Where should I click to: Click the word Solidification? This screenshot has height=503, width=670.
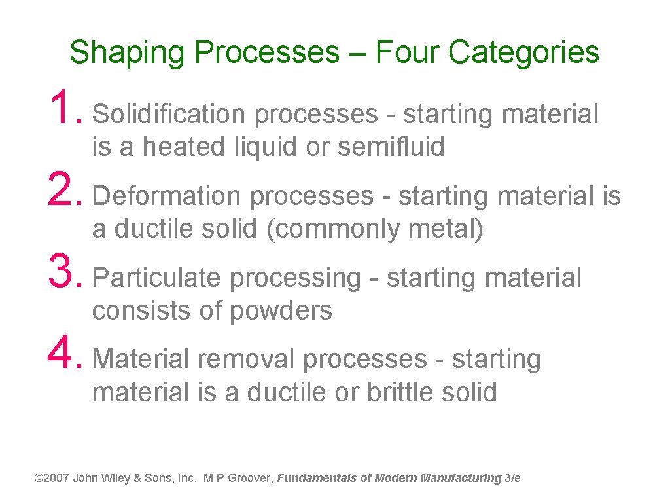[169, 115]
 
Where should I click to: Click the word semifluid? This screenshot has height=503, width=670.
[391, 147]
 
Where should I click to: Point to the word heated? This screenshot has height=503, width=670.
[185, 147]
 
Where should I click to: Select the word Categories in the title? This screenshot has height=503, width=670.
[523, 52]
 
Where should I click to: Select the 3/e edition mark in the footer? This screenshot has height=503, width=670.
[513, 478]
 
